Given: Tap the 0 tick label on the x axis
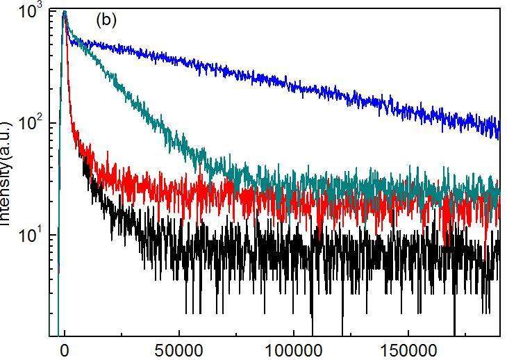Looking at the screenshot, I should coord(65,348).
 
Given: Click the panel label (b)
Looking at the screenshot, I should coord(106,20).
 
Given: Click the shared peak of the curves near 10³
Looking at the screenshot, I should coord(65,13).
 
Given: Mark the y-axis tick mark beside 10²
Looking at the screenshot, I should coord(53,123).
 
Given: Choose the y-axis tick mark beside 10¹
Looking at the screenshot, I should coord(53,234).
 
